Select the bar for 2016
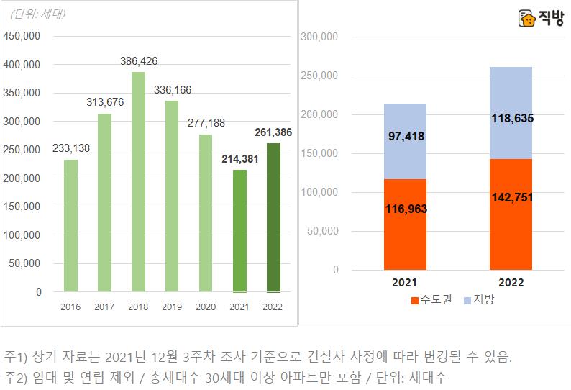tap(70, 226)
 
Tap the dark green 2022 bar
tap(273, 217)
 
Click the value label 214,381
tap(239, 159)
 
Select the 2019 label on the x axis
tap(171, 307)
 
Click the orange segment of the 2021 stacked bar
tap(405, 225)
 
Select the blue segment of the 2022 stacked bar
tap(511, 113)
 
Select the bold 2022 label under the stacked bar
tap(511, 283)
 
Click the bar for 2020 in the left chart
tap(206, 213)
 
